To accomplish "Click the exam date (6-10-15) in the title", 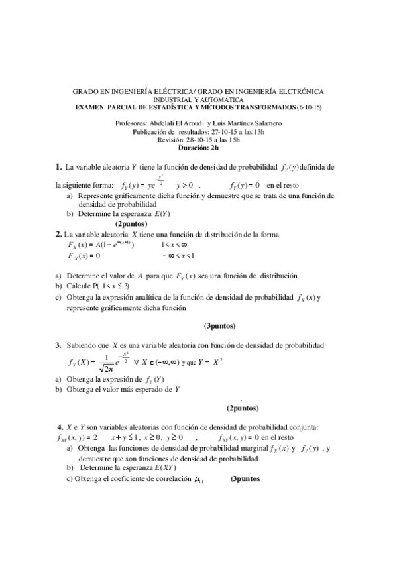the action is coord(309,107).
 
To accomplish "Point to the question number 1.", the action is coord(58,166).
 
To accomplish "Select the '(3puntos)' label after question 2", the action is coord(219,325).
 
